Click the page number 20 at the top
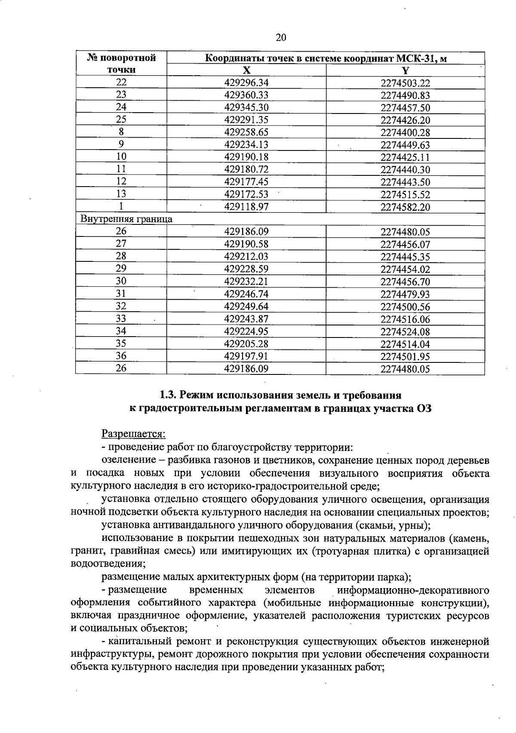280,37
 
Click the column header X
246,71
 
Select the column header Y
405,71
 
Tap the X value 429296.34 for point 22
246,83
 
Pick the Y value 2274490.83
405,95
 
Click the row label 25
121,120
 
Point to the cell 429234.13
246,145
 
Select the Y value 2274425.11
405,157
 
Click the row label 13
121,194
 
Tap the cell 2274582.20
405,207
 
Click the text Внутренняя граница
126,219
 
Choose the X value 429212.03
246,257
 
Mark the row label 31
121,294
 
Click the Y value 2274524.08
405,331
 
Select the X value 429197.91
246,356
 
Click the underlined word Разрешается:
133,434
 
